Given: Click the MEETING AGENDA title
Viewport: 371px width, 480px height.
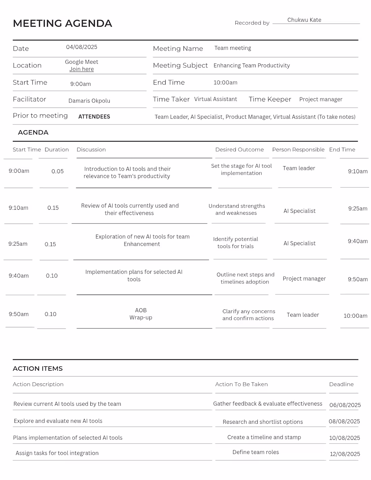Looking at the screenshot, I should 62,23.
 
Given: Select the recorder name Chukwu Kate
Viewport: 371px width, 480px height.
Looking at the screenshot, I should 304,20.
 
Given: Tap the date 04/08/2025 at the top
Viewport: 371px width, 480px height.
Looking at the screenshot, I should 82,47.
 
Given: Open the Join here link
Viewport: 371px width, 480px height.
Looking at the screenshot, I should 82,69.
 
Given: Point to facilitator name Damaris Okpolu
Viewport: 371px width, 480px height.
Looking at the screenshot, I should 89,101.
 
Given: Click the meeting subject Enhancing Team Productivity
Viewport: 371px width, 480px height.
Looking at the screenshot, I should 252,65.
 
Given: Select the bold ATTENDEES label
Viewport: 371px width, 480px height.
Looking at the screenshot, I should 94,117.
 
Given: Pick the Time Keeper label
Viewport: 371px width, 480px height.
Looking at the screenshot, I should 270,99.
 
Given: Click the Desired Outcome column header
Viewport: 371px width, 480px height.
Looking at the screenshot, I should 239,150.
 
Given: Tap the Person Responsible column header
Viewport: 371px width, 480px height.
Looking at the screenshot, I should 298,150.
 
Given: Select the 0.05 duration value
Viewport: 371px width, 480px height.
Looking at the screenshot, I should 57,171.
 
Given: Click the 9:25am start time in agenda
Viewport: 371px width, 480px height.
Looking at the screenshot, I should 18,244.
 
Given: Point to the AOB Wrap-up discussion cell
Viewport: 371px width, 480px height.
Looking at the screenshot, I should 141,314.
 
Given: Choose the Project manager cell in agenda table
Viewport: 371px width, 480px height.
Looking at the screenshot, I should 304,278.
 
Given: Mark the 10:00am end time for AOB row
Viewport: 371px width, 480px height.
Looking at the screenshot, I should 355,316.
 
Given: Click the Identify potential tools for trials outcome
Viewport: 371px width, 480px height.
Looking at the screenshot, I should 235,243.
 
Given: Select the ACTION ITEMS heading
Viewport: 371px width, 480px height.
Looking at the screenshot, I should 38,368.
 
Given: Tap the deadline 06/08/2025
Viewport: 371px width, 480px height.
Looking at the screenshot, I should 345,405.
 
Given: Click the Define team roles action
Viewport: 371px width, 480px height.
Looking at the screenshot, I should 256,452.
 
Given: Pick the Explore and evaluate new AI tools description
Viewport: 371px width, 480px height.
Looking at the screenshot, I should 58,421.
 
